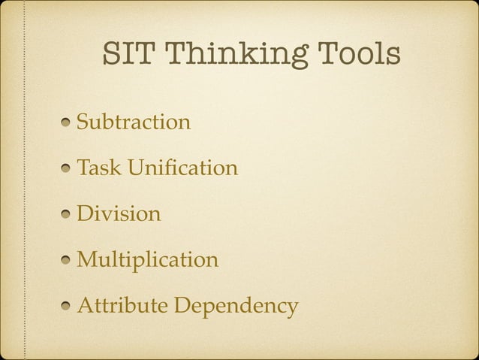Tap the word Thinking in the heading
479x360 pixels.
pyautogui.click(x=233, y=56)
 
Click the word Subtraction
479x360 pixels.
pyautogui.click(x=134, y=121)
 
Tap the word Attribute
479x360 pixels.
pyautogui.click(x=123, y=307)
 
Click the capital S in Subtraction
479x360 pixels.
pyautogui.click(x=83, y=121)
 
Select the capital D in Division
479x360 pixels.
pyautogui.click(x=85, y=214)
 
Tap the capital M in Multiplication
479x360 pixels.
pyautogui.click(x=87, y=261)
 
